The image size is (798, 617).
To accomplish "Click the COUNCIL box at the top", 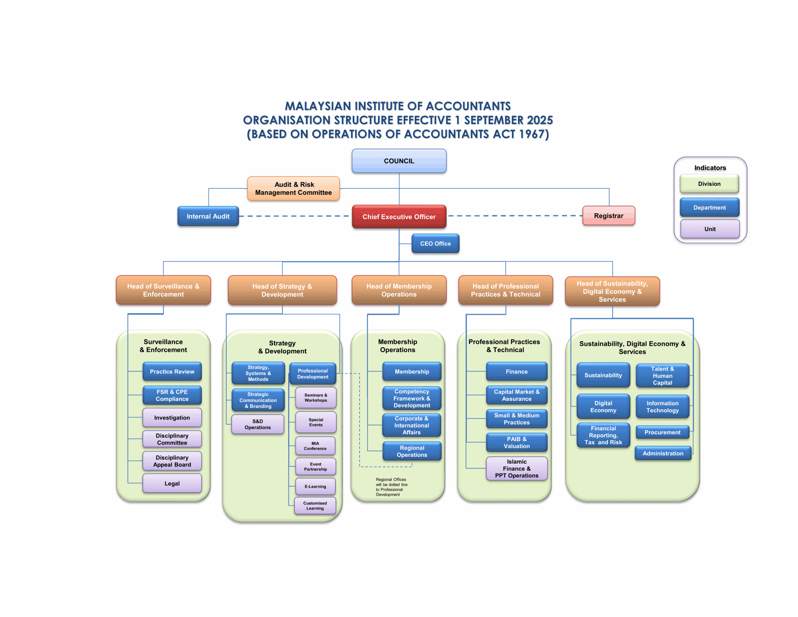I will (x=399, y=161).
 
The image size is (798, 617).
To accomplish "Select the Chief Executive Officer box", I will (x=399, y=217).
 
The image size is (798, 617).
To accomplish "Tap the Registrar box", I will (x=608, y=216).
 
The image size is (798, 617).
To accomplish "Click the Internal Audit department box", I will (x=208, y=216).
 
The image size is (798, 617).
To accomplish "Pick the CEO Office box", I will (x=435, y=243).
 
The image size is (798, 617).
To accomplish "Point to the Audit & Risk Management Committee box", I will (x=293, y=189).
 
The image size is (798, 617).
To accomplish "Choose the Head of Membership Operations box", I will (x=399, y=290).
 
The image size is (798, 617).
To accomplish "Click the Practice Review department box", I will (x=172, y=371).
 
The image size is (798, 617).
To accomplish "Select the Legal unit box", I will (x=172, y=483).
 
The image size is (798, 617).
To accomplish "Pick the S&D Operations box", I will (x=257, y=424).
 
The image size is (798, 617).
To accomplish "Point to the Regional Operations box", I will (x=412, y=451).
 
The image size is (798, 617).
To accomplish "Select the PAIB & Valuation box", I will (x=516, y=442).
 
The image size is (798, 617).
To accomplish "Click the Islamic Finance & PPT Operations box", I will (x=516, y=468).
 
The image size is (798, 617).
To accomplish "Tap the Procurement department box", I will (x=662, y=432).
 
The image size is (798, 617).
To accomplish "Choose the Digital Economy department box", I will (x=603, y=407).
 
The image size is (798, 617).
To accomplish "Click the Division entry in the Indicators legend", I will (x=709, y=184).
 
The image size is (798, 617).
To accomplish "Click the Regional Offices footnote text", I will (x=391, y=487).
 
